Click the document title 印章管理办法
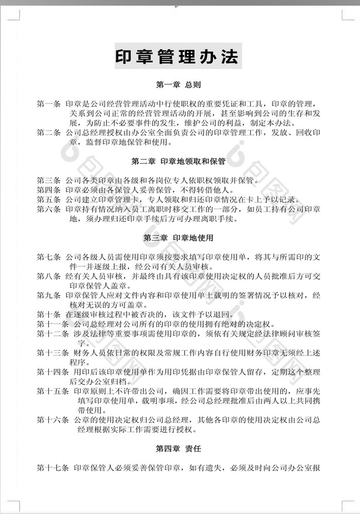coord(178,57)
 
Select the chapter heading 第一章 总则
coord(178,84)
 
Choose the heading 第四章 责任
coord(178,449)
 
